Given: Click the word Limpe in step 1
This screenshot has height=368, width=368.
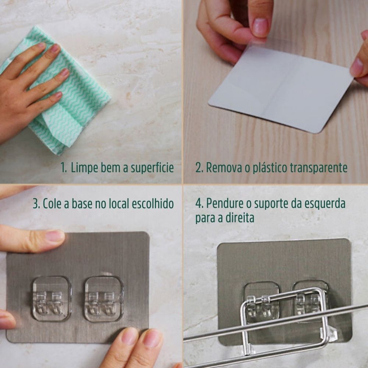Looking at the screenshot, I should (x=84, y=168).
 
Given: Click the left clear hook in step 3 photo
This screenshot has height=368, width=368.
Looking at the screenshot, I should (x=51, y=298).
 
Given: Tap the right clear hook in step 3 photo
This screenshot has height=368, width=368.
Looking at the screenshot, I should (x=104, y=298).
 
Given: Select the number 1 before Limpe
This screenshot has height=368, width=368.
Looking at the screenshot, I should (x=63, y=169).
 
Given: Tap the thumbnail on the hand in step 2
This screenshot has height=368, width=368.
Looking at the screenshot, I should (x=261, y=26).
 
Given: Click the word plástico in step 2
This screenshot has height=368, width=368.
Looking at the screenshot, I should (x=270, y=168).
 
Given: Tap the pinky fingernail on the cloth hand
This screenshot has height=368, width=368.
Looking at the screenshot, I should (x=58, y=95).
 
